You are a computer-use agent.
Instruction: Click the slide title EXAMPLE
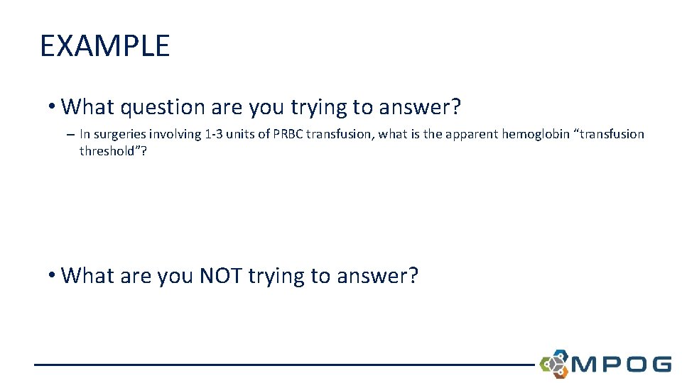point(105,46)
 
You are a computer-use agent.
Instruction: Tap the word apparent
point(472,134)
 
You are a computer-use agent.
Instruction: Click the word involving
point(170,134)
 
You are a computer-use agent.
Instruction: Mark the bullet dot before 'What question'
point(52,108)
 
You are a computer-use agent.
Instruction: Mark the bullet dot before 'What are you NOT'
point(52,276)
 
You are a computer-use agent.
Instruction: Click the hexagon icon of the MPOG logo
point(554,363)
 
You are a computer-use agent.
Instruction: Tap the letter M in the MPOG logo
point(587,365)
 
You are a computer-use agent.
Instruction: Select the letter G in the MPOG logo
point(659,365)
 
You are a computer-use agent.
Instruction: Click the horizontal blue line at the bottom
point(284,365)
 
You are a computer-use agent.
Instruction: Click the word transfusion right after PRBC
point(336,134)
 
